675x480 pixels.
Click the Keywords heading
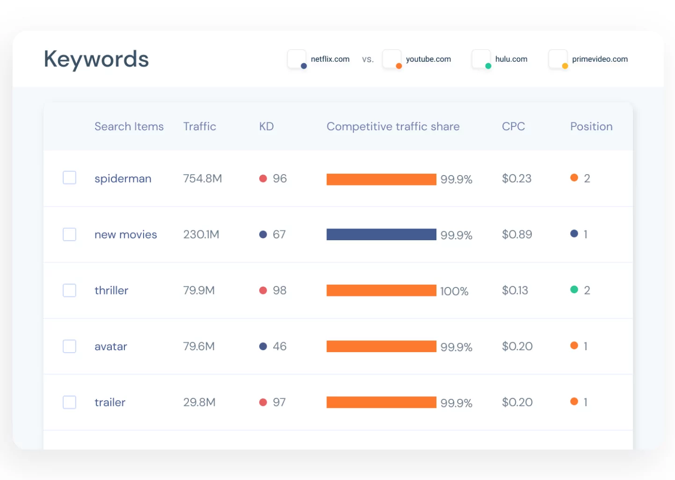96,59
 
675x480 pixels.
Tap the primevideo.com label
599,59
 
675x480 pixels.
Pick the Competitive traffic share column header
392,126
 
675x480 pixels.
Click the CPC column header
513,126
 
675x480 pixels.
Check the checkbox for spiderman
69,178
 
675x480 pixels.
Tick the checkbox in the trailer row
69,402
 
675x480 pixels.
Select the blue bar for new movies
381,235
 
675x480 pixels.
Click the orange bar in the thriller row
381,290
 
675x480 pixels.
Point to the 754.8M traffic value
202,178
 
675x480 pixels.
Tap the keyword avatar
110,347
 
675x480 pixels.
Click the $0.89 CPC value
516,235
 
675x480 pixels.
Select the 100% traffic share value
454,291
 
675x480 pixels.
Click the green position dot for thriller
574,290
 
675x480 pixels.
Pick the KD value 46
279,347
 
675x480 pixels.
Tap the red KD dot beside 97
263,402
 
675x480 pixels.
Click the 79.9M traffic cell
199,290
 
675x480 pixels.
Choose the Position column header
591,126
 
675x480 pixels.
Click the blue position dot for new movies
574,234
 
